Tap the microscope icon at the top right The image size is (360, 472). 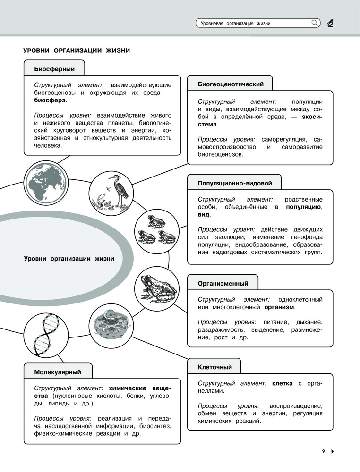[330, 23]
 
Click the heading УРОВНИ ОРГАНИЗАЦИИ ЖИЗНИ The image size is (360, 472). [77, 51]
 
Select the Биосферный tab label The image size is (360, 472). [54, 69]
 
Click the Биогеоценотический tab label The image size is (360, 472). [230, 84]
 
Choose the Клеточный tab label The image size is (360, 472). [214, 367]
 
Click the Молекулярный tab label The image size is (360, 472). [58, 372]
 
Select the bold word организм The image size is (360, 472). [279, 307]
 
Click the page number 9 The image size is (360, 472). [324, 451]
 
